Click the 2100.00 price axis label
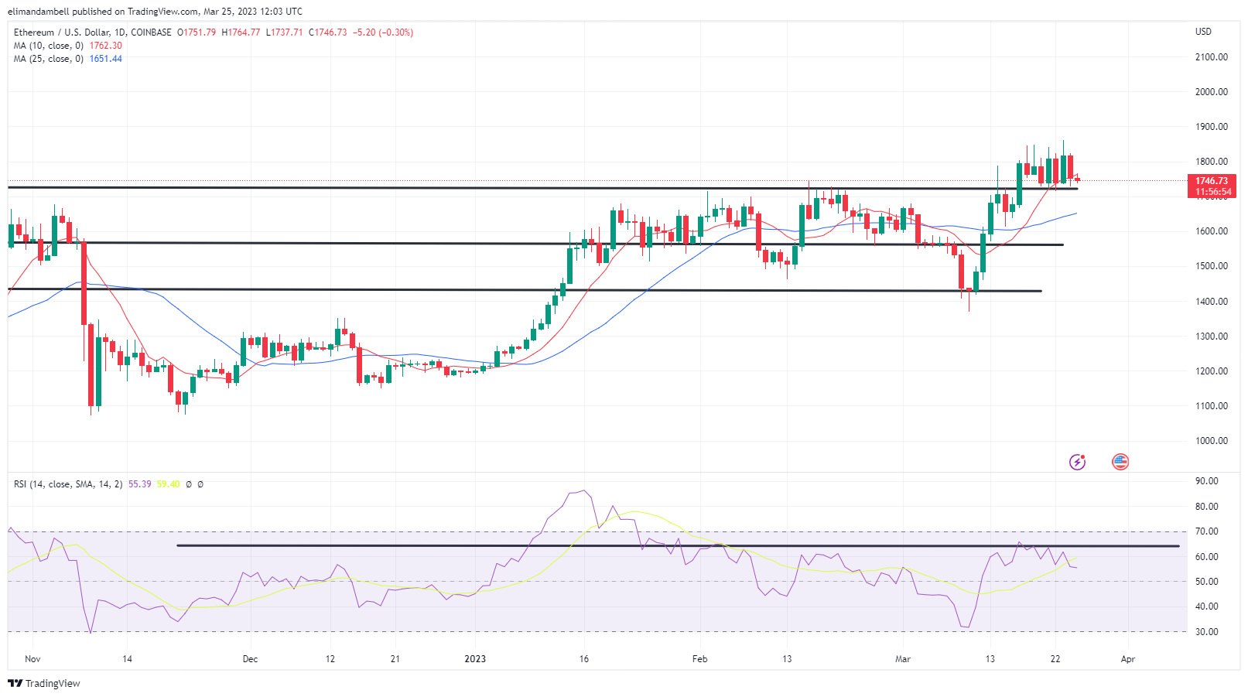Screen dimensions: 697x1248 pyautogui.click(x=1211, y=57)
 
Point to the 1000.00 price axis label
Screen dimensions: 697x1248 pyautogui.click(x=1211, y=441)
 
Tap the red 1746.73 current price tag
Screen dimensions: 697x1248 pyautogui.click(x=1212, y=181)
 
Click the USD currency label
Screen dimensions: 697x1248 pyautogui.click(x=1203, y=32)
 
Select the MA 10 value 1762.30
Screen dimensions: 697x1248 pyautogui.click(x=105, y=46)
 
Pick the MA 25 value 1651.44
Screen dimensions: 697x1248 pyautogui.click(x=105, y=59)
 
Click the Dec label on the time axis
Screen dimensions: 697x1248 pyautogui.click(x=250, y=659)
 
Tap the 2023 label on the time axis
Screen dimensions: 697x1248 pyautogui.click(x=475, y=659)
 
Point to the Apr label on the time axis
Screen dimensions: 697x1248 pyautogui.click(x=1128, y=659)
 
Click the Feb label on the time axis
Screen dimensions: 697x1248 pyautogui.click(x=699, y=659)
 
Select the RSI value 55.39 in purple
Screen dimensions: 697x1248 pyautogui.click(x=139, y=484)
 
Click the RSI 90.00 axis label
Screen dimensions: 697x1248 pyautogui.click(x=1206, y=481)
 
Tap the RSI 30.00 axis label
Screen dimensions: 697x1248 pyautogui.click(x=1206, y=632)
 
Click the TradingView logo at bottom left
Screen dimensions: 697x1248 pyautogui.click(x=44, y=683)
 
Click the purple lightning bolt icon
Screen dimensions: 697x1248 pyautogui.click(x=1077, y=462)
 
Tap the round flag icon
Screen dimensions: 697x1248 pyautogui.click(x=1120, y=462)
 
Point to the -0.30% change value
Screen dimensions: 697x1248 pyautogui.click(x=396, y=32)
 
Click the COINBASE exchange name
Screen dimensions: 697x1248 pyautogui.click(x=151, y=32)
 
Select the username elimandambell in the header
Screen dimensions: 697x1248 pyautogui.click(x=38, y=12)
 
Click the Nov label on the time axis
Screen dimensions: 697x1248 pyautogui.click(x=32, y=659)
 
